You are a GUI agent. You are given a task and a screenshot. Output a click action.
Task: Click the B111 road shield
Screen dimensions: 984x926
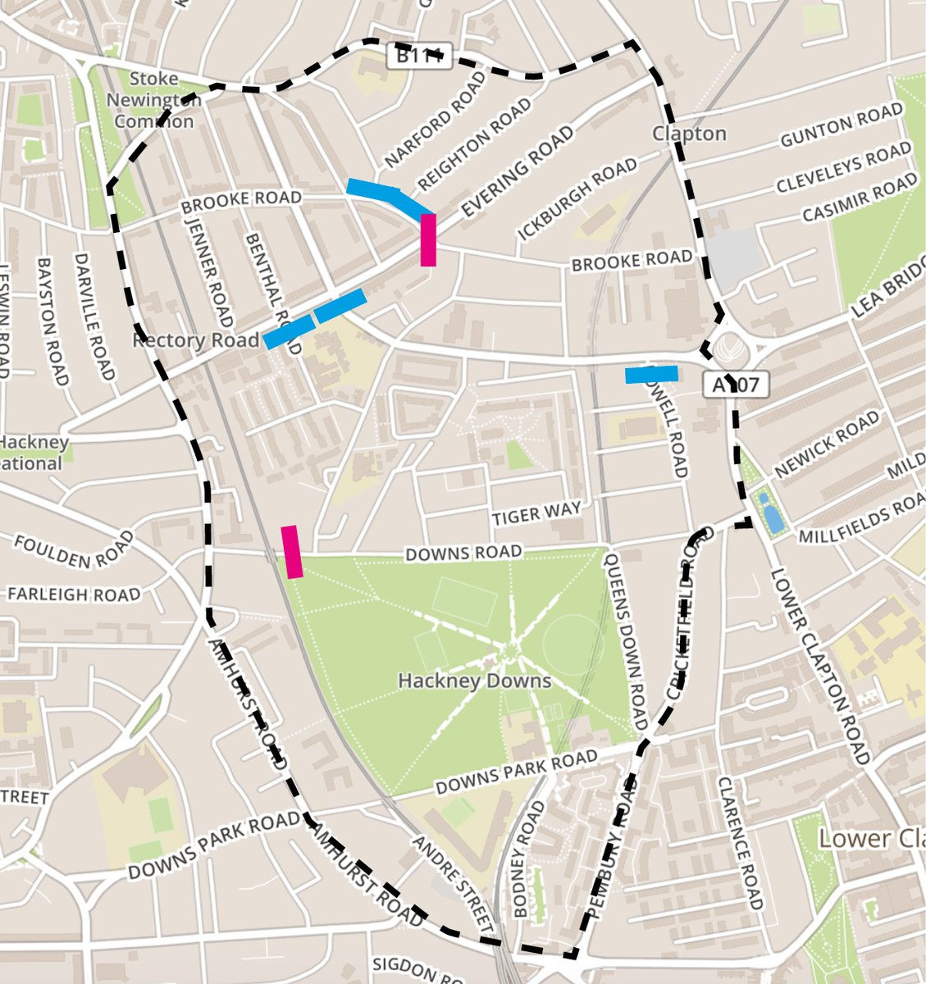(419, 56)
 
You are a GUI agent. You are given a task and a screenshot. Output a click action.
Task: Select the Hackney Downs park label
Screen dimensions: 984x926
(474, 681)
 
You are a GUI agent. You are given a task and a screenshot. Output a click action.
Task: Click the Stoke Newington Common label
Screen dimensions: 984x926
(154, 100)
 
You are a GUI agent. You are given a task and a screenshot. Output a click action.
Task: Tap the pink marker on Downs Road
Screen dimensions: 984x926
(292, 552)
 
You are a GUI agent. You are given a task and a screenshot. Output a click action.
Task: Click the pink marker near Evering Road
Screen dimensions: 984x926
(428, 239)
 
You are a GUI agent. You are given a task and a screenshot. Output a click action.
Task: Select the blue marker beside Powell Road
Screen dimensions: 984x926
(651, 375)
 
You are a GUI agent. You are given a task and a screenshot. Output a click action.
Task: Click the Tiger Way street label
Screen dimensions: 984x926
(536, 514)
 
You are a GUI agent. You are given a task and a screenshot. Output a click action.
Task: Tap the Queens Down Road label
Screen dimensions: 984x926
(625, 642)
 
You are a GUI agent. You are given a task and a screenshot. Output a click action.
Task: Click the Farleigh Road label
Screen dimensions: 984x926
(74, 593)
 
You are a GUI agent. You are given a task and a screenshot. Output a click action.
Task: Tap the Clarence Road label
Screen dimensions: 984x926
(740, 840)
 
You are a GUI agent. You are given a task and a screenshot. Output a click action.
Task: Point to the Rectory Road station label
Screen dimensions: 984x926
(194, 339)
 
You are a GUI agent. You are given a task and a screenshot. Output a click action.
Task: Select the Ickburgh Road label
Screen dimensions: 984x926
(577, 199)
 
